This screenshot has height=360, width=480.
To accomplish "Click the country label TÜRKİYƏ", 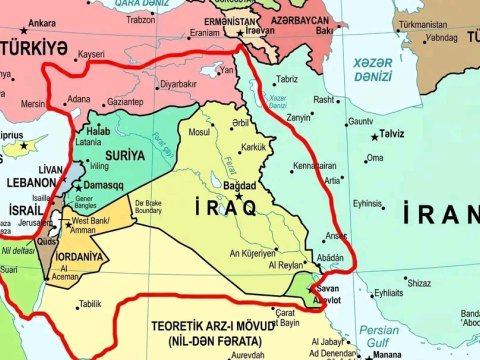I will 40,47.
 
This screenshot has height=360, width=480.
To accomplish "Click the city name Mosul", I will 200,131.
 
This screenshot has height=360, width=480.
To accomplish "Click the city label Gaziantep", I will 125,102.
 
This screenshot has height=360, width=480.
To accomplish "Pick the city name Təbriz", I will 287,79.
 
